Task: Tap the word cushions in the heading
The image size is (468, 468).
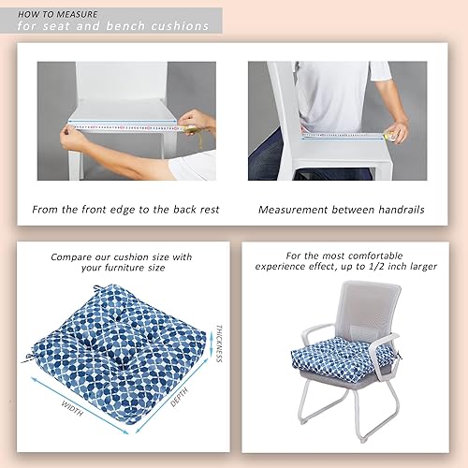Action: click(x=183, y=25)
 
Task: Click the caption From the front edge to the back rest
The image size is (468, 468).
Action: click(x=126, y=210)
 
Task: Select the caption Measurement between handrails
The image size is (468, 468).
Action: click(x=341, y=210)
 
